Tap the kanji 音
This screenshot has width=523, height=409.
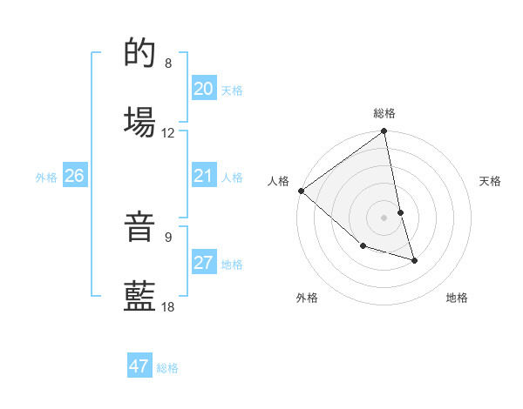click(x=140, y=229)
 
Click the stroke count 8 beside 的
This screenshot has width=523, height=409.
click(x=168, y=64)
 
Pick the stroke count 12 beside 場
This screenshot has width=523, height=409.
click(x=168, y=133)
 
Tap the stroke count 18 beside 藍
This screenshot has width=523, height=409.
click(x=168, y=306)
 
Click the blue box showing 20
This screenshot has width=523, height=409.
click(x=203, y=89)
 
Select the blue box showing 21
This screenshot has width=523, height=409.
click(x=203, y=177)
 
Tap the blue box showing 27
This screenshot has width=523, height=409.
click(x=203, y=264)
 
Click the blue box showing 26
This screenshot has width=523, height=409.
click(x=74, y=177)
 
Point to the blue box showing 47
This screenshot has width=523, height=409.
click(x=139, y=366)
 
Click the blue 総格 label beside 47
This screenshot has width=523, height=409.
click(x=167, y=368)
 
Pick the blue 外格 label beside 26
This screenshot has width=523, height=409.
click(x=46, y=178)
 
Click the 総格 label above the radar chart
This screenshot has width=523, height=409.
click(x=384, y=113)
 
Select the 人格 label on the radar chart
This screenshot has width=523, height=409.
click(x=278, y=181)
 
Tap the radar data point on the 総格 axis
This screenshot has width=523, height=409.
click(x=384, y=132)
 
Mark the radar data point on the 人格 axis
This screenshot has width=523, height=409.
click(x=301, y=191)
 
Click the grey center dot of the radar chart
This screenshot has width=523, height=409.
click(x=384, y=217)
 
